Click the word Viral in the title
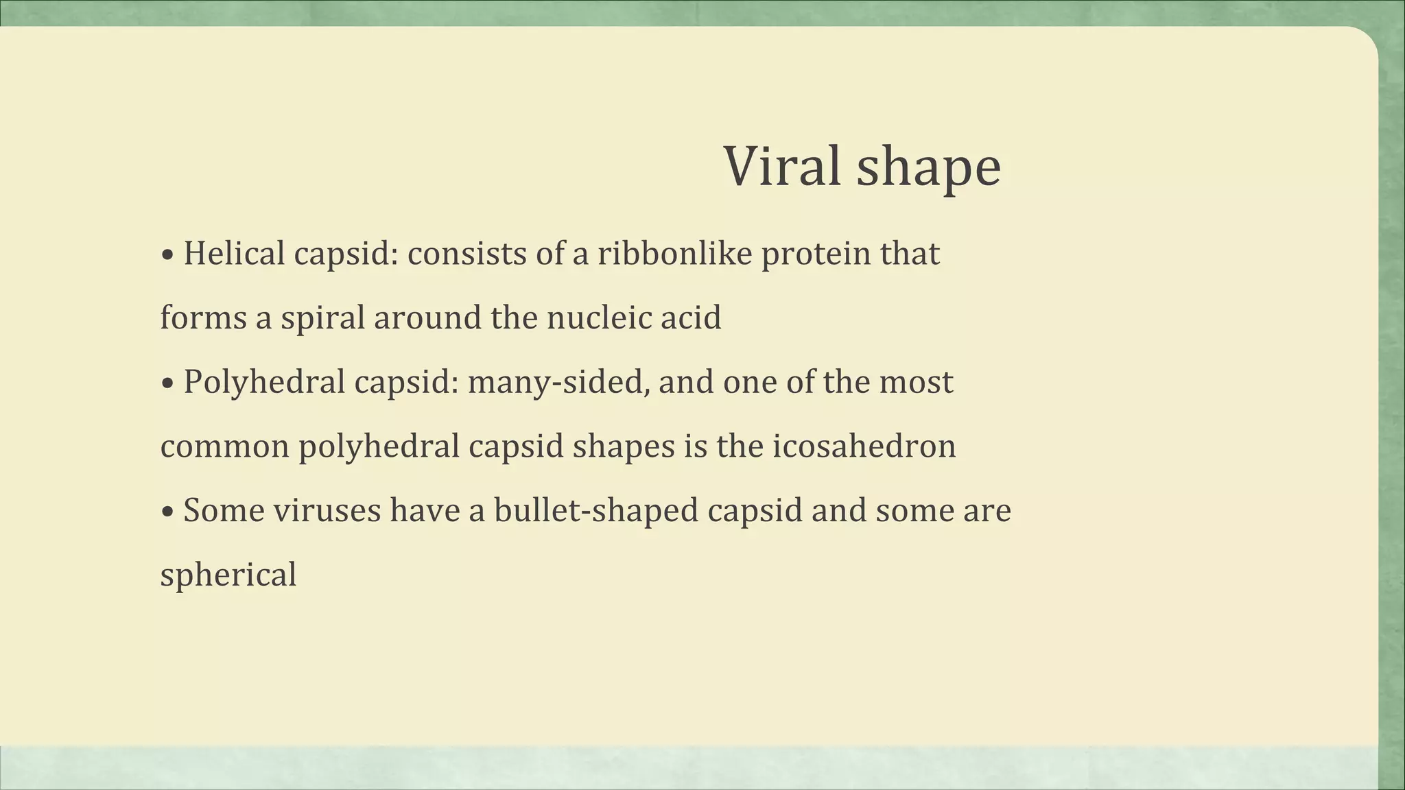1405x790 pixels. coord(782,167)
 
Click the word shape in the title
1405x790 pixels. coord(929,168)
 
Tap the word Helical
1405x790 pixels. coord(234,254)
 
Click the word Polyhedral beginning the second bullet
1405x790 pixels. coord(264,383)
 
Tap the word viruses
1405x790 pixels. coord(327,511)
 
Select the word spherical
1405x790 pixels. coord(228,575)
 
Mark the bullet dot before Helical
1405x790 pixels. coord(167,255)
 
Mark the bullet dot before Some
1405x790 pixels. coord(167,512)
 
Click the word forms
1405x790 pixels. coord(203,318)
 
